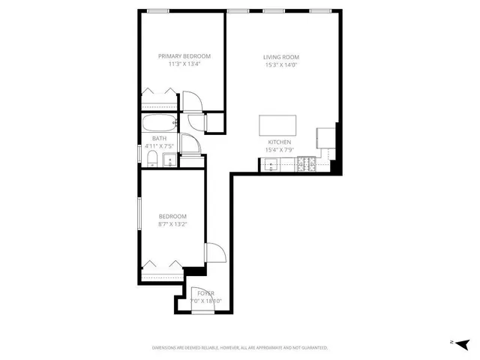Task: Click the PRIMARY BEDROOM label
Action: [x=184, y=56]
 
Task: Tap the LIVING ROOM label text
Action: [x=280, y=57]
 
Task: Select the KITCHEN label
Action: [x=279, y=142]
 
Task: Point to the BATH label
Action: [x=159, y=138]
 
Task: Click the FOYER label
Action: [x=205, y=293]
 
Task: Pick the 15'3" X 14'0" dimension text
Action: [x=280, y=64]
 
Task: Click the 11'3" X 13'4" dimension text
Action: [x=184, y=64]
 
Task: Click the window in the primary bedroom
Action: [x=157, y=10]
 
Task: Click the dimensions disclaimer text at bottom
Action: [x=240, y=348]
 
